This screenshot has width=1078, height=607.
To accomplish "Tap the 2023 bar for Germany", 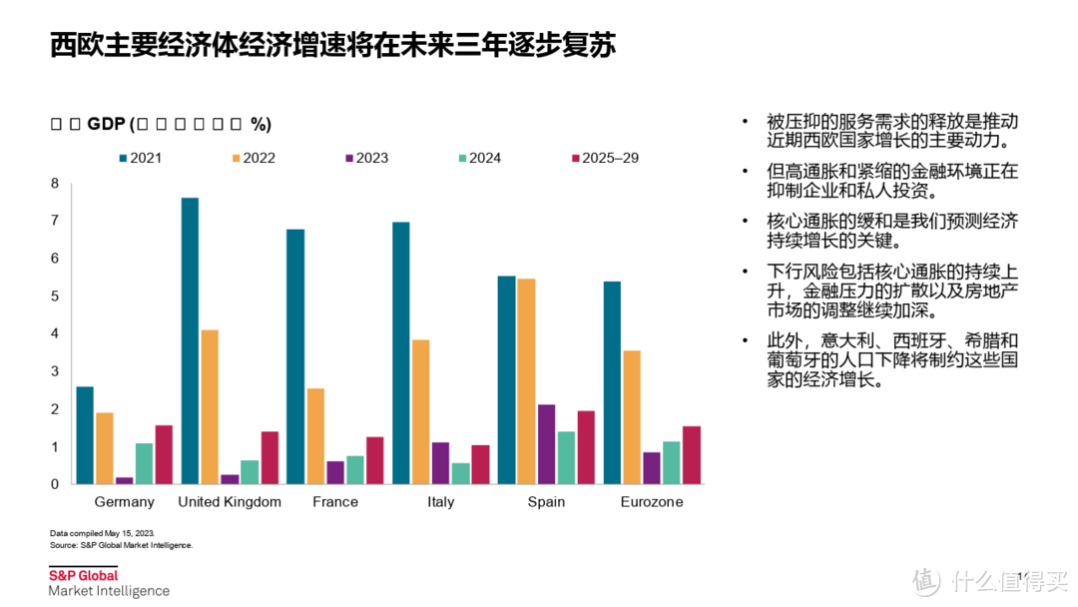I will [x=124, y=480].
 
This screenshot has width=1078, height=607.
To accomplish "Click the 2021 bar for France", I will [x=295, y=357].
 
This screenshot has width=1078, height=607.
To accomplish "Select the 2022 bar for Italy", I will [x=421, y=412].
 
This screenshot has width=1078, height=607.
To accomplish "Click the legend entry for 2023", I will [x=365, y=158].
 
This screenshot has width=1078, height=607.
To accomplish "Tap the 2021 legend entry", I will [x=139, y=158].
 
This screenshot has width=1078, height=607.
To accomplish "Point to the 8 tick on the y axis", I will [x=56, y=184].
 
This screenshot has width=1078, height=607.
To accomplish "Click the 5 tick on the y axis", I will [x=56, y=297].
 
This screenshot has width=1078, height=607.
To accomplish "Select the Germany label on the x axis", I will [x=124, y=502].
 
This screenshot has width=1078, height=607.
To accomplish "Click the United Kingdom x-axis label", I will [x=230, y=502].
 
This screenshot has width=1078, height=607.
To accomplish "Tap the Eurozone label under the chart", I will [x=652, y=502].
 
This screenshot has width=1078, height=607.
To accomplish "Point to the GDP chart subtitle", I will [x=161, y=124].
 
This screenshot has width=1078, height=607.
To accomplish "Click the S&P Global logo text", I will [x=84, y=575].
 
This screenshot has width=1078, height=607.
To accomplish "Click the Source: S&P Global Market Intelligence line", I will [x=121, y=545].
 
